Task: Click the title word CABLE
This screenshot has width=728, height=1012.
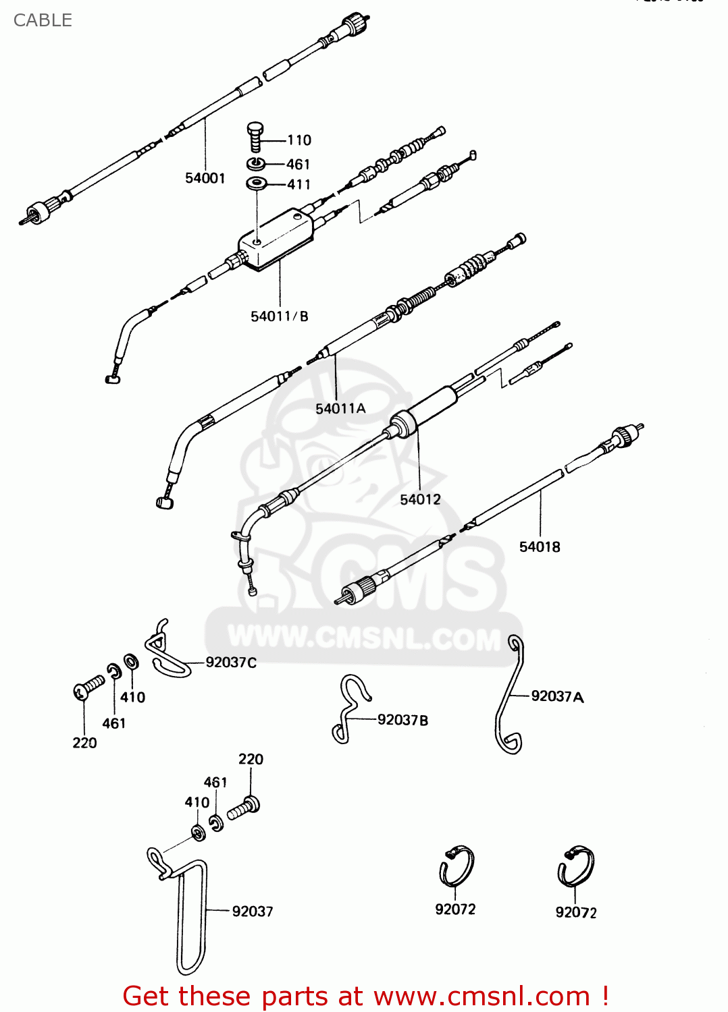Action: [43, 20]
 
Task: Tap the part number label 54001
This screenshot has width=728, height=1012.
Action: [205, 178]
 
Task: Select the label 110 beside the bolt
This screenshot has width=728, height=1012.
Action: [299, 140]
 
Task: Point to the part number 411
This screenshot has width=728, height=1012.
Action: [298, 185]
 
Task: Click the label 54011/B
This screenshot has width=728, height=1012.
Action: [280, 316]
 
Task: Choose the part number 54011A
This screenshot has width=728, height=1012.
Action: [340, 409]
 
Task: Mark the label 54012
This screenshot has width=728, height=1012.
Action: [420, 500]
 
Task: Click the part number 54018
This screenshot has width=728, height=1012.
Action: [540, 547]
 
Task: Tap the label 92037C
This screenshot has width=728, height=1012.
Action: [231, 663]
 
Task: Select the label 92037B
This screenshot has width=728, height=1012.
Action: [402, 721]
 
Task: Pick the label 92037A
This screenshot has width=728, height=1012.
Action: [557, 696]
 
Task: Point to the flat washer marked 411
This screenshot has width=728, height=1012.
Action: [257, 183]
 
